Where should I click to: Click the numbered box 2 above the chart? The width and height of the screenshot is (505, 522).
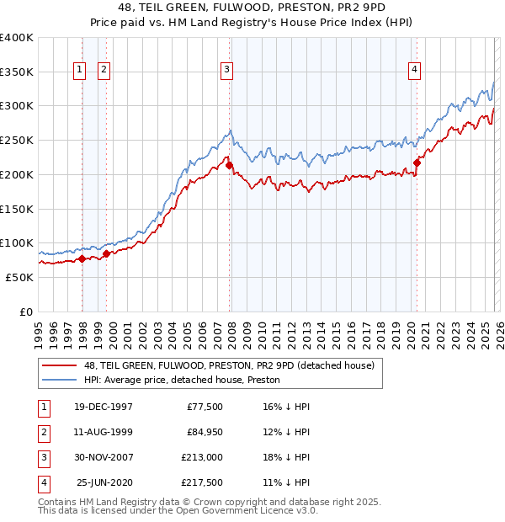(104, 71)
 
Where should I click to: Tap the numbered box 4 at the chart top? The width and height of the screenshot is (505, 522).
(415, 71)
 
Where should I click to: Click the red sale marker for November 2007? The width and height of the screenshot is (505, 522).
(230, 167)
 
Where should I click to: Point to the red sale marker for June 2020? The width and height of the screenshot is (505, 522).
(417, 163)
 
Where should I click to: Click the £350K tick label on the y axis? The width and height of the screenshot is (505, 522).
(17, 72)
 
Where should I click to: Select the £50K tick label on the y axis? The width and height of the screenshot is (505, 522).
(19, 277)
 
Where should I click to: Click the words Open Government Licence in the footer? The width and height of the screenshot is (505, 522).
(231, 510)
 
